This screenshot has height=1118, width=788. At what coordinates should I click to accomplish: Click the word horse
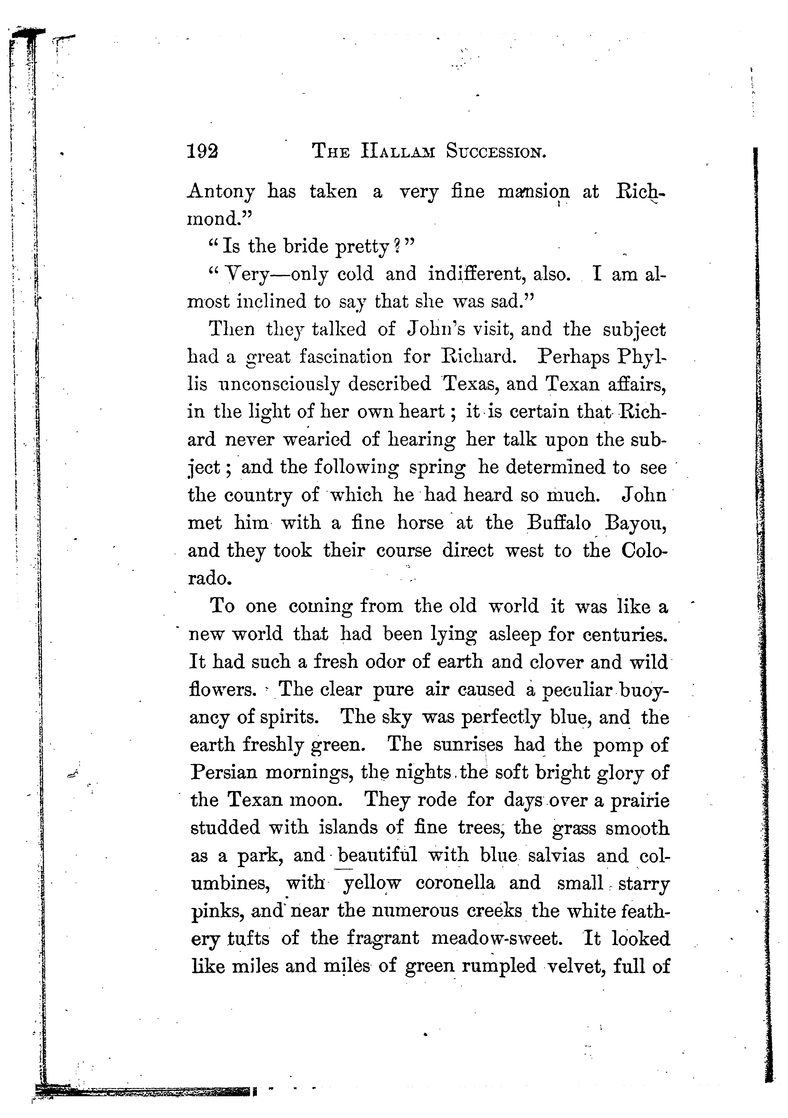420,523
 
